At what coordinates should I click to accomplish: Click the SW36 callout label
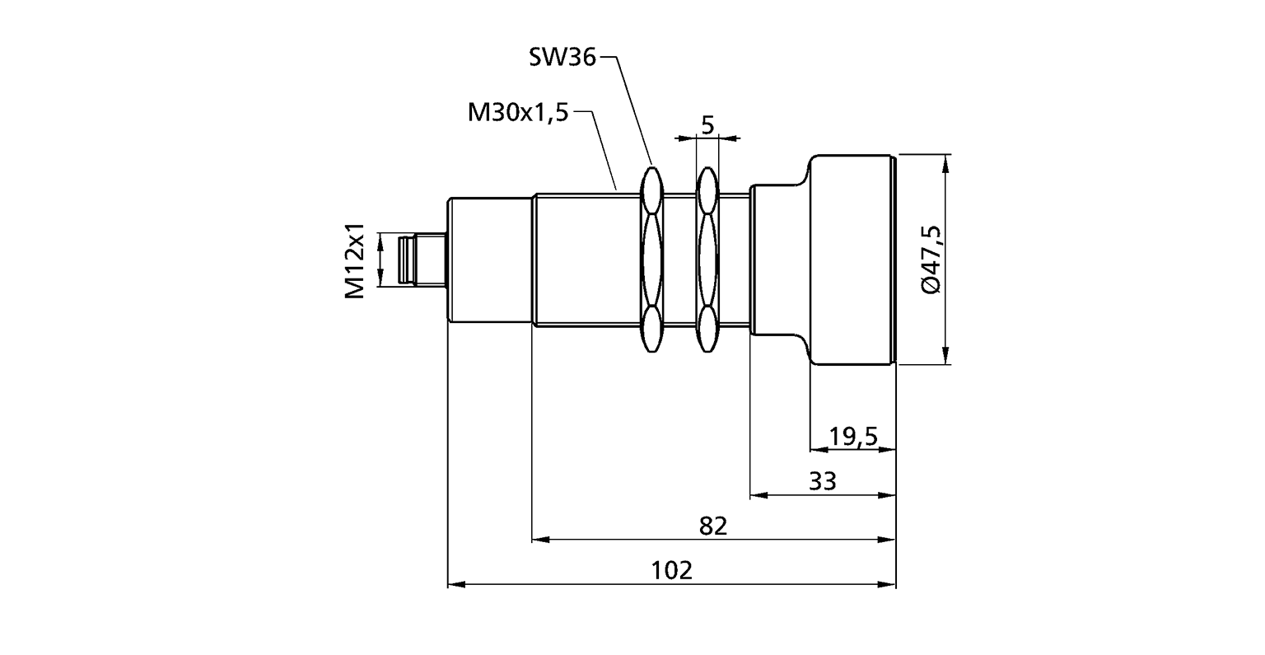click(562, 57)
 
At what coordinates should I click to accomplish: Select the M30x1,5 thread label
click(518, 113)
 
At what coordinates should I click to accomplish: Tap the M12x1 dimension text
click(355, 260)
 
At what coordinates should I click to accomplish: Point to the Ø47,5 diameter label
click(931, 260)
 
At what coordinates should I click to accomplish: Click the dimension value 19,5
click(853, 437)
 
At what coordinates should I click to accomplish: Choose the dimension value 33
click(822, 481)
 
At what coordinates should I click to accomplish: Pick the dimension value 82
click(712, 526)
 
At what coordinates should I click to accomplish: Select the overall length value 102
click(671, 571)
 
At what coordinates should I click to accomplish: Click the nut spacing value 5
click(707, 125)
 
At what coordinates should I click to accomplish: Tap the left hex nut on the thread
click(652, 260)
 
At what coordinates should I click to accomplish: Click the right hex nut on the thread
click(707, 260)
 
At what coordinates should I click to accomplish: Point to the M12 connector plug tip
click(404, 260)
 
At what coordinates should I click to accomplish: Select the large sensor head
click(852, 260)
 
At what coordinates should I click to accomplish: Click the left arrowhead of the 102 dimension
click(456, 584)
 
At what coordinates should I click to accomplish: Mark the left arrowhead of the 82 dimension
click(540, 540)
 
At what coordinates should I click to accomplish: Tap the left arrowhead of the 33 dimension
click(759, 495)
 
